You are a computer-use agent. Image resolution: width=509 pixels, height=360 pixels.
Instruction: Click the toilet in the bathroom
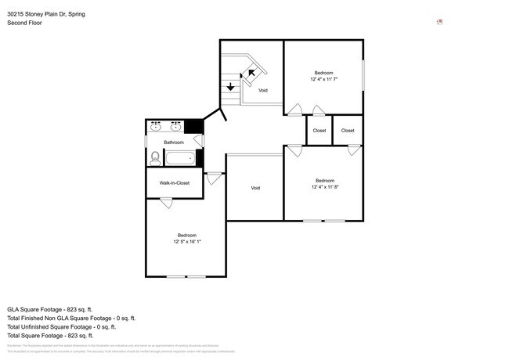pyautogui.click(x=154, y=158)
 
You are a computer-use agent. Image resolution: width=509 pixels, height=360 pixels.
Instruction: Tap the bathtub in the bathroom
pyautogui.click(x=179, y=158)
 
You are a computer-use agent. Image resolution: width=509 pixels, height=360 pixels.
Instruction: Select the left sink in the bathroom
pyautogui.click(x=156, y=124)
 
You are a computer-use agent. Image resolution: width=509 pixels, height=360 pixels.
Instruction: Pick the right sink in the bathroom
pyautogui.click(x=175, y=124)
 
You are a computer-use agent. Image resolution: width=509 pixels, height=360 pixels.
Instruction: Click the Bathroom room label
pyautogui.click(x=174, y=142)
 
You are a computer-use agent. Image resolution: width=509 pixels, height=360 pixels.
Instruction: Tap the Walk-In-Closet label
pyautogui.click(x=174, y=183)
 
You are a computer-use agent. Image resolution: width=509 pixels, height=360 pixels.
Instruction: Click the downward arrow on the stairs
pyautogui.click(x=230, y=86)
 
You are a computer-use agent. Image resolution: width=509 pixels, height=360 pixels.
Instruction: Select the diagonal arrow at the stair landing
pyautogui.click(x=251, y=74)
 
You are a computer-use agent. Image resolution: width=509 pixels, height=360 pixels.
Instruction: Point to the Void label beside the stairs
pyautogui.click(x=263, y=91)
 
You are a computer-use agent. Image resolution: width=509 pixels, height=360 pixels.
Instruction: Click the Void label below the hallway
pyautogui.click(x=255, y=188)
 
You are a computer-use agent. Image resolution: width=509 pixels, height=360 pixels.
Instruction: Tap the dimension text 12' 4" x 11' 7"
pyautogui.click(x=323, y=79)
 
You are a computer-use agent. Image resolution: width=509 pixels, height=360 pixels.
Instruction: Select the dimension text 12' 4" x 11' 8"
pyautogui.click(x=323, y=186)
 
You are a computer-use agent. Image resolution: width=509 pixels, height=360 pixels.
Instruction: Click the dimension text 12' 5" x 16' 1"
pyautogui.click(x=186, y=241)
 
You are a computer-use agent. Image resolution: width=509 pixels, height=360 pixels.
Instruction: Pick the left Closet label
pyautogui.click(x=319, y=131)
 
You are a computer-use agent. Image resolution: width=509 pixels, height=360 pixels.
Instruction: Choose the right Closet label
pyautogui.click(x=348, y=131)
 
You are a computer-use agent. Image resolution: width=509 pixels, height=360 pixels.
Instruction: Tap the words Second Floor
pyautogui.click(x=24, y=23)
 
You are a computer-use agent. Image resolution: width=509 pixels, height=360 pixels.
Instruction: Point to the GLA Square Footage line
pyautogui.click(x=50, y=309)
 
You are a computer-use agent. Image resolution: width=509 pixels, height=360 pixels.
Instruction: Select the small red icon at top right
pyautogui.click(x=440, y=22)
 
